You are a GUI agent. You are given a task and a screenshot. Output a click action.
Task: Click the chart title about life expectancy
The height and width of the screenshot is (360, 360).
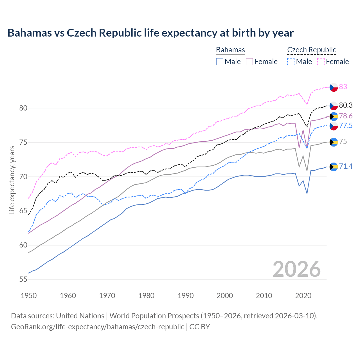(x=150, y=33)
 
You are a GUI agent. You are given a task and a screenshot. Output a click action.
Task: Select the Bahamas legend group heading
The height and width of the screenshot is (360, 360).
(x=230, y=50)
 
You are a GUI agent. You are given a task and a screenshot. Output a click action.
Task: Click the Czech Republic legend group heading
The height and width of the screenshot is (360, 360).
(x=312, y=50)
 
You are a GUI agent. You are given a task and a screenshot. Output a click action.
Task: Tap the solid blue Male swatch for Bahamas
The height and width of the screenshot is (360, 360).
(x=220, y=62)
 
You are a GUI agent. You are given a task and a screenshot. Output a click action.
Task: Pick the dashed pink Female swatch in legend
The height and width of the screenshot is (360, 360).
(x=321, y=62)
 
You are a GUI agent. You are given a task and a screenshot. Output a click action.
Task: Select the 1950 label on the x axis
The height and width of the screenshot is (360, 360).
(x=29, y=296)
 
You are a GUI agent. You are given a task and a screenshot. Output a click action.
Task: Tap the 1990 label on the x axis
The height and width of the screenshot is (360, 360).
(x=186, y=296)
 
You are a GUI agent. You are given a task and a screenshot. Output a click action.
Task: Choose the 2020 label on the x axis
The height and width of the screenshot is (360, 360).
(x=303, y=296)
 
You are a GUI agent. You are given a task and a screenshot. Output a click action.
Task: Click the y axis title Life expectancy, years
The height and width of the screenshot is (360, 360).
(x=12, y=180)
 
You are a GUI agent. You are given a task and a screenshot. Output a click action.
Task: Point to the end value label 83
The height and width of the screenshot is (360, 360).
(x=343, y=87)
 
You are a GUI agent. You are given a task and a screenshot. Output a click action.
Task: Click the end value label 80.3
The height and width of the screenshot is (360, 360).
(x=346, y=105)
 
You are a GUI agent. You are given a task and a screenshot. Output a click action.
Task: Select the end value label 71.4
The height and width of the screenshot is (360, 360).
(x=346, y=166)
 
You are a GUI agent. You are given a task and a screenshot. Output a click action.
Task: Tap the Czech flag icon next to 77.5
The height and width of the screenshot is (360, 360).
(x=334, y=126)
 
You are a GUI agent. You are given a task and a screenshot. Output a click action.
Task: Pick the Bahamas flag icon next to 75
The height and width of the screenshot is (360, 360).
(x=334, y=142)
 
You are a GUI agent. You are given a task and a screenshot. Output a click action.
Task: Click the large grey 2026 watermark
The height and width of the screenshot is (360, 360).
(x=297, y=269)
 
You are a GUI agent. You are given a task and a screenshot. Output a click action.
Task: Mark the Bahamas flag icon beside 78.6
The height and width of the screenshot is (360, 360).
(x=334, y=116)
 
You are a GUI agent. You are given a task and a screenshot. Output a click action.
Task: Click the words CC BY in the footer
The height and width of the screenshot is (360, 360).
(x=200, y=327)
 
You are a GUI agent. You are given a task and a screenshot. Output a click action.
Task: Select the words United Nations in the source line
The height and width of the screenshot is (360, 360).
(x=80, y=316)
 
